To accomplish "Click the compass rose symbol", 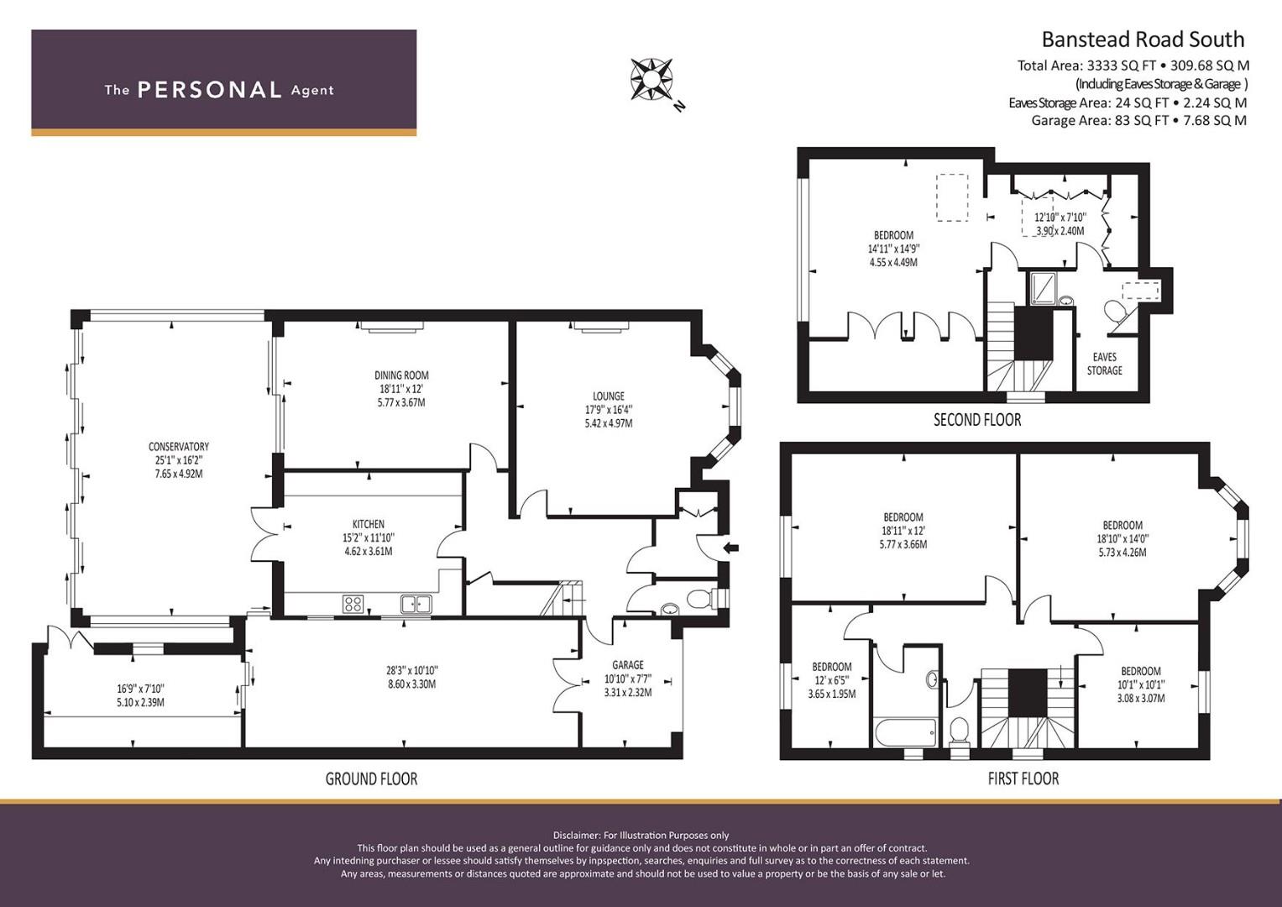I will click(x=651, y=79).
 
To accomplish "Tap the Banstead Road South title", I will click(x=1142, y=39).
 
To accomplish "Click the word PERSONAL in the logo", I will click(x=209, y=90).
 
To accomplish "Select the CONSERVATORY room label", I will click(x=178, y=447).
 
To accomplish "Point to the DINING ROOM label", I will click(x=401, y=375).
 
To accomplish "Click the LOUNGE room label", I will click(x=608, y=396).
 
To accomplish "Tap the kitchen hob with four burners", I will click(x=353, y=603).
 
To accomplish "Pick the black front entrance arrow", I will click(x=731, y=548).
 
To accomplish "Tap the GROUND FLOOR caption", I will click(x=371, y=779).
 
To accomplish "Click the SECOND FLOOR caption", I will click(x=977, y=420).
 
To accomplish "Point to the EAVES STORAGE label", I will click(x=1104, y=364).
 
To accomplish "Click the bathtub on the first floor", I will click(x=905, y=732).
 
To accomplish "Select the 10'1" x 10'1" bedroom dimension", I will click(x=1141, y=684).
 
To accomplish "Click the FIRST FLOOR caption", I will click(x=1023, y=779).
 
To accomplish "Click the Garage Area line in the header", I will click(x=1138, y=120).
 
